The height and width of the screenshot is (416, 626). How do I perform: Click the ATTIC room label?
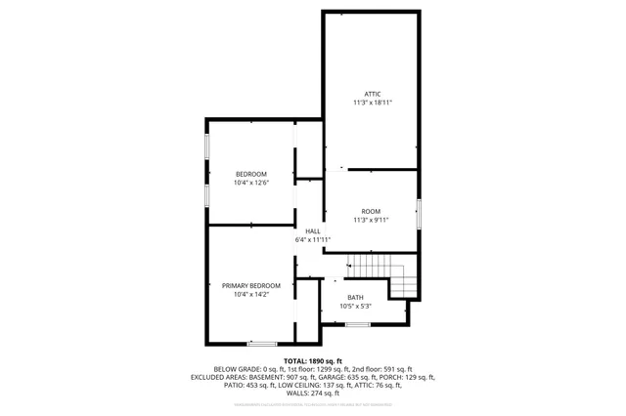372,94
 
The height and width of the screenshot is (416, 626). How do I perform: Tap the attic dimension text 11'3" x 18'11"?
372,103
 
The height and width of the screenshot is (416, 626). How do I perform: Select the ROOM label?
371,212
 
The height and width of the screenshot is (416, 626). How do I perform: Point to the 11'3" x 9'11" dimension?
371,221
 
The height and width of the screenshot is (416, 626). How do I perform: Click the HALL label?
312,231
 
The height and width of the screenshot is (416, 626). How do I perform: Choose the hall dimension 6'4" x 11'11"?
312,240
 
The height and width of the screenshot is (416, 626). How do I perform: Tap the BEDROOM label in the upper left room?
250,174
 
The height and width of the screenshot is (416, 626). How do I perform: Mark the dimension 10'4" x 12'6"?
250,183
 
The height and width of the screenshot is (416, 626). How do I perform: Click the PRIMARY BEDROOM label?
250,285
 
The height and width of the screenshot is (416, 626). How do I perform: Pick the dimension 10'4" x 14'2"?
250,294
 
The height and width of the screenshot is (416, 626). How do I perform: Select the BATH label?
355,298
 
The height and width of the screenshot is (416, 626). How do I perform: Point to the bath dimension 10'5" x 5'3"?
355,307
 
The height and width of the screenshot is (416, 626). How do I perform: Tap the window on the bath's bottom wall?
358,324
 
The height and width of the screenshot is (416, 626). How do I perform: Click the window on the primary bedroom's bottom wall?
261,343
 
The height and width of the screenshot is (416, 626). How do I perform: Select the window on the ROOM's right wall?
419,213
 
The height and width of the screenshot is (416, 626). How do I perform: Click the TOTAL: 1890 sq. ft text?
312,361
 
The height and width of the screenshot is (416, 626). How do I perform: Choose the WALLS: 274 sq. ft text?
312,393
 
